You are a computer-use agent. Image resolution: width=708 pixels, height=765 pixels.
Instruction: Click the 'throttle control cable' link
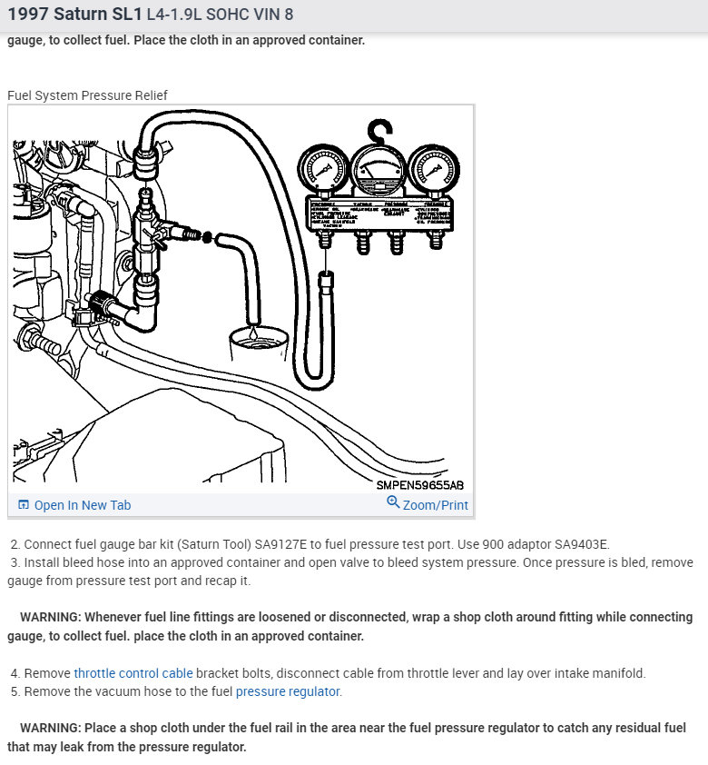coord(133,673)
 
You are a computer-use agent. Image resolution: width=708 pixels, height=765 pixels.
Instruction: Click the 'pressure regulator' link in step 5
coord(288,691)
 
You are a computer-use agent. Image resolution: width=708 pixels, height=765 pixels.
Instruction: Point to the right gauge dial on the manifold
coord(430,170)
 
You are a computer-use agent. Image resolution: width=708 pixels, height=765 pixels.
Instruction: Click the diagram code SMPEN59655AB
coord(420,484)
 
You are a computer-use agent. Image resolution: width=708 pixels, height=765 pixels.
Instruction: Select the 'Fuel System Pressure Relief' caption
coord(87,95)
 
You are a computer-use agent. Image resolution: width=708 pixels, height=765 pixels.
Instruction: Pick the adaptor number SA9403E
coord(578,544)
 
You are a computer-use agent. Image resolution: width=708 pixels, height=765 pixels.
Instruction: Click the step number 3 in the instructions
coord(15,562)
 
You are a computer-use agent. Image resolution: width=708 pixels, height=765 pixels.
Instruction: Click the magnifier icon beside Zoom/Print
coord(393,502)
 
